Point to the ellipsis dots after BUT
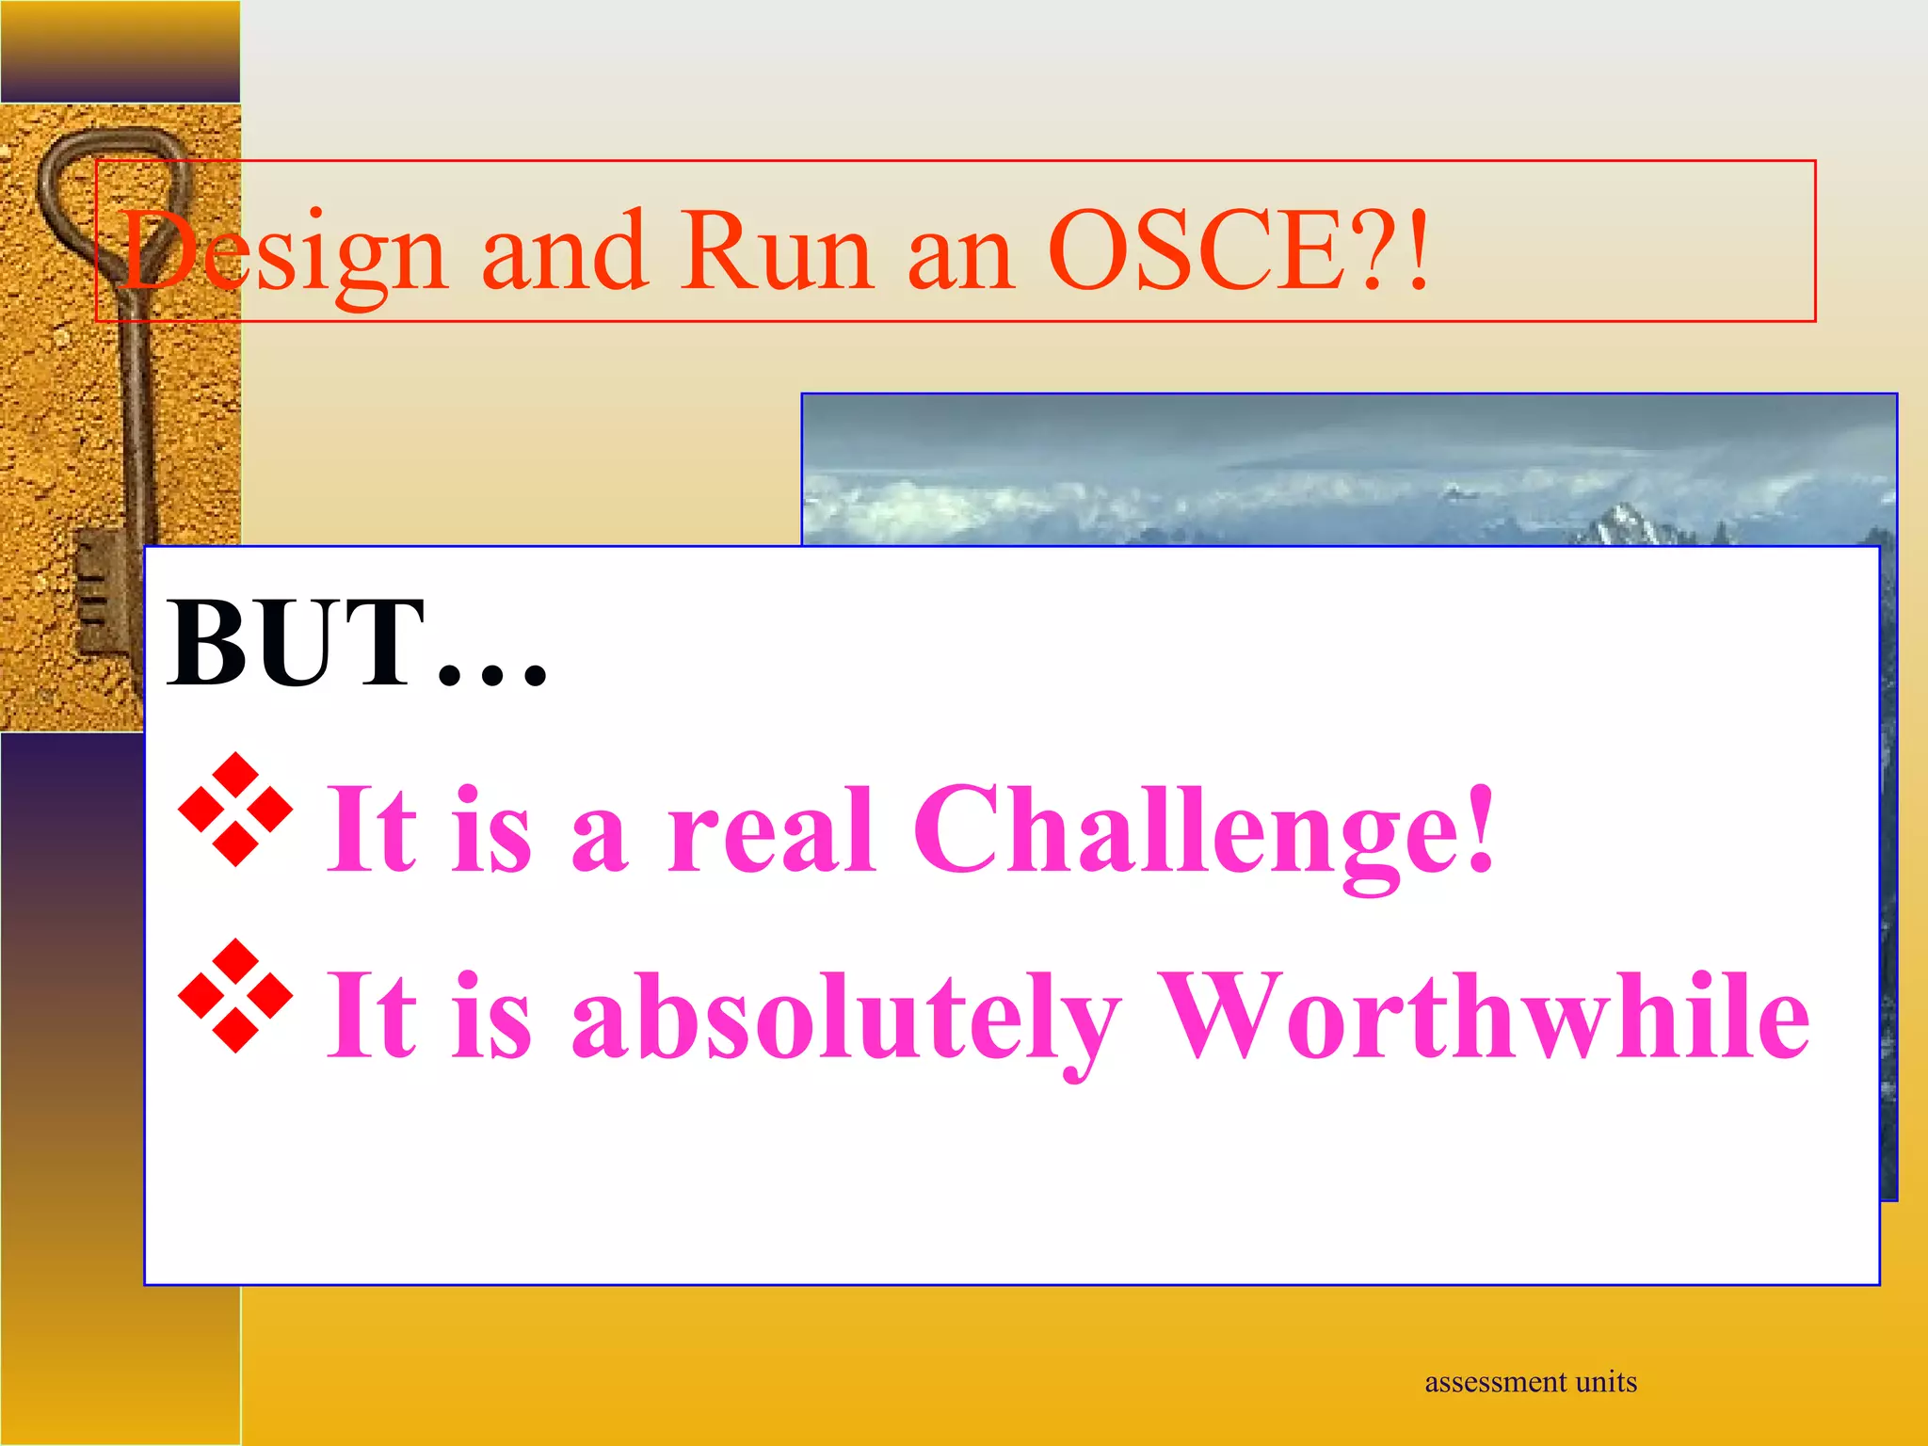(x=493, y=674)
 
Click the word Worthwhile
(x=1484, y=1017)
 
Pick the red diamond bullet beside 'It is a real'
(x=235, y=810)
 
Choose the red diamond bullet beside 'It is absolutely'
(x=235, y=996)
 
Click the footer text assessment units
(x=1530, y=1382)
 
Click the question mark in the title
(x=1384, y=250)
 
